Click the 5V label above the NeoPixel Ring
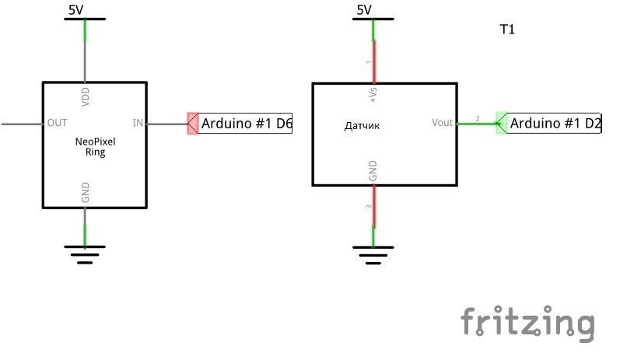[x=76, y=10]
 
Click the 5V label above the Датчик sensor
[x=364, y=10]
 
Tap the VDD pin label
[x=86, y=97]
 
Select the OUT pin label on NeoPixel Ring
[x=57, y=123]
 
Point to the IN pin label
[x=138, y=123]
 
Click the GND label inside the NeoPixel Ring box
[x=86, y=193]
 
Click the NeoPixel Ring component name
[x=95, y=147]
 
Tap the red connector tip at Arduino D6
[x=193, y=124]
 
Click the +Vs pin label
[x=373, y=95]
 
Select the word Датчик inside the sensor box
[x=362, y=126]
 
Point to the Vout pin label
[x=442, y=123]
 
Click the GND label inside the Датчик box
[x=373, y=171]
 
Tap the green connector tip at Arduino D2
[x=501, y=124]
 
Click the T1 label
[x=507, y=30]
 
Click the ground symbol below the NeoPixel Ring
[x=85, y=254]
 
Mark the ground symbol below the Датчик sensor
[x=373, y=255]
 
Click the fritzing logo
[x=528, y=323]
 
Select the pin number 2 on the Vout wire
[x=478, y=118]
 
